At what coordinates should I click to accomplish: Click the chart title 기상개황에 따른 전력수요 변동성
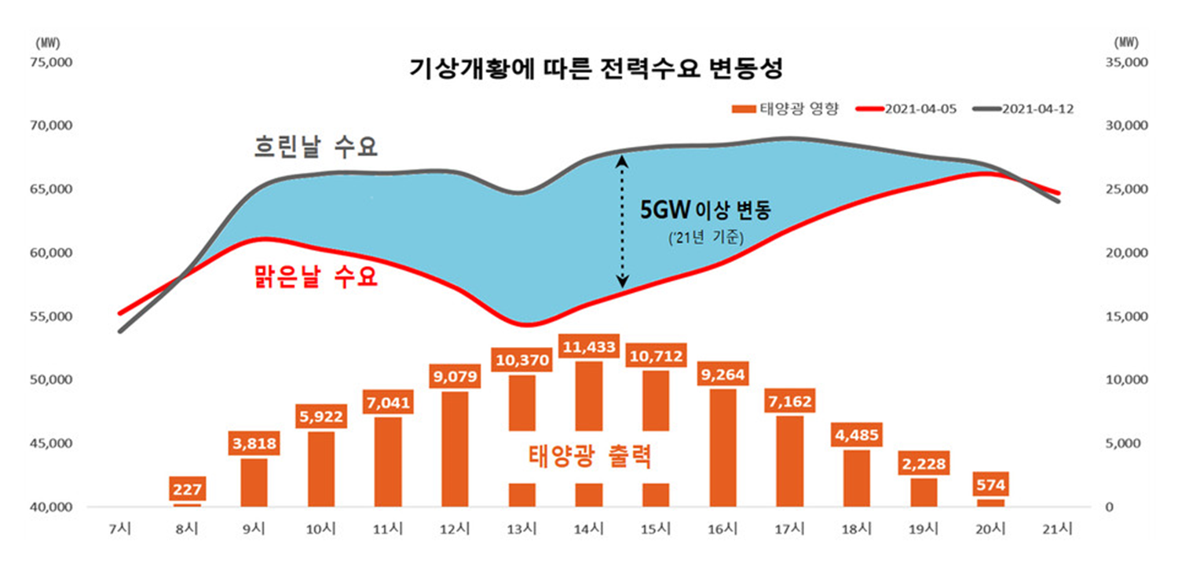coord(596,69)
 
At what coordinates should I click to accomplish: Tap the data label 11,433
coord(589,346)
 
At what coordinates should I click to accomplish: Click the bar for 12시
coord(455,449)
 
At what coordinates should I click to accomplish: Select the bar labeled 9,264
coord(723,447)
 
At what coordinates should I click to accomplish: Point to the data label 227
coord(187,491)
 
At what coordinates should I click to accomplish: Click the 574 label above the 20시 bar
coord(991,485)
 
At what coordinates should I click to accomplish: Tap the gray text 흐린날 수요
coord(316,146)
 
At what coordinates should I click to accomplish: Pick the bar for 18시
coord(857,478)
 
